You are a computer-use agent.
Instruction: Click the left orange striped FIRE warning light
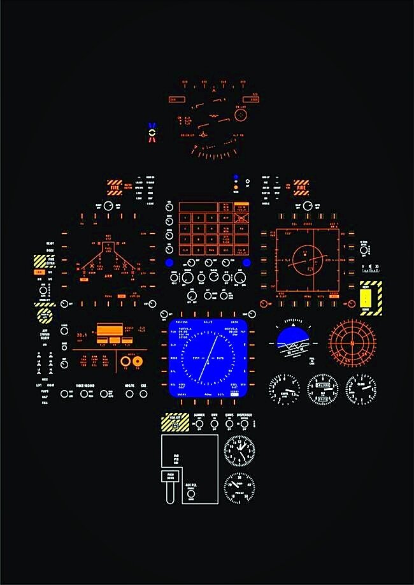coord(115,187)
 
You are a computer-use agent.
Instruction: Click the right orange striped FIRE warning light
coord(301,187)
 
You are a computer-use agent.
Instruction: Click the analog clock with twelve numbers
coord(239,451)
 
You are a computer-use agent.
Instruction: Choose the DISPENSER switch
coord(245,424)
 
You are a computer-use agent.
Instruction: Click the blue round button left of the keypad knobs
coord(169,263)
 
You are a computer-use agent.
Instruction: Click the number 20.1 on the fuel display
coord(82,334)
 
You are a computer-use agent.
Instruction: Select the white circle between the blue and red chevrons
coord(152,132)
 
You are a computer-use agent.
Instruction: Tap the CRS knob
coord(144,393)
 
